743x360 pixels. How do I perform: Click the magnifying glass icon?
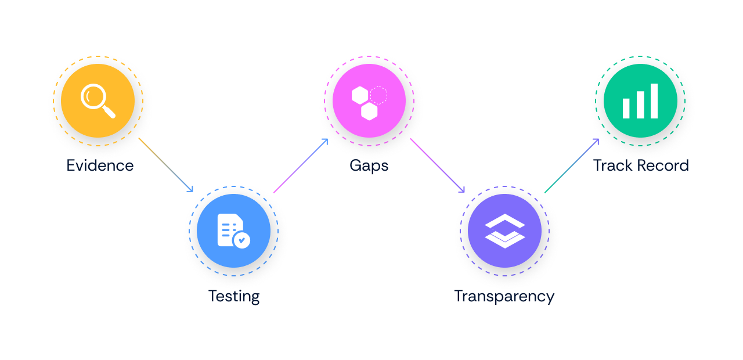pos(97,100)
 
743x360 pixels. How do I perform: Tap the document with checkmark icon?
pos(233,231)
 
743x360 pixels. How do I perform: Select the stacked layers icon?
pos(504,231)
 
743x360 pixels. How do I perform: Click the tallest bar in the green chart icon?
pos(654,101)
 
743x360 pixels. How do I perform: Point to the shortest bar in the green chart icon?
pos(626,108)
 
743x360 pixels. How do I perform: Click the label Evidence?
pos(100,165)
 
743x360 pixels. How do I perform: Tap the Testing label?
pos(234,296)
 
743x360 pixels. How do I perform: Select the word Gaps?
pos(369,165)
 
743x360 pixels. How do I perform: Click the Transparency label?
pos(504,296)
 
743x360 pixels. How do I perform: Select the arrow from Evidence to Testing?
pos(166,165)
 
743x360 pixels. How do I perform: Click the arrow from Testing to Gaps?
pos(301,165)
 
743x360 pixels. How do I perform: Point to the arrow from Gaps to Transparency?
pos(437,165)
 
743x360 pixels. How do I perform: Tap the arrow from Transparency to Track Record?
pos(572,165)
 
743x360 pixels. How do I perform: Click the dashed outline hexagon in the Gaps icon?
pos(378,94)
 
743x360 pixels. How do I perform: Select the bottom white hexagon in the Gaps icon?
pos(369,111)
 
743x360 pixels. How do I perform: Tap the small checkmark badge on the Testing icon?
pos(241,239)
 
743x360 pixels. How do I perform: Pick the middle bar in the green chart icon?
pos(640,105)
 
